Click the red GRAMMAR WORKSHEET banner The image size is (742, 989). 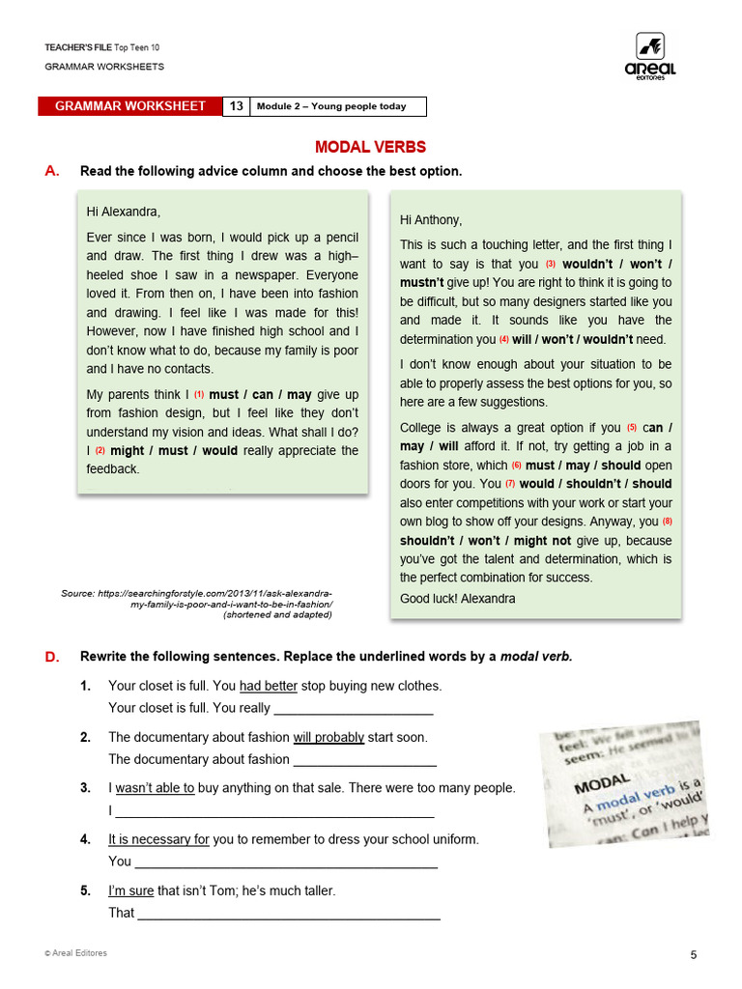point(130,106)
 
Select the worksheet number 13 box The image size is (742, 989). point(237,106)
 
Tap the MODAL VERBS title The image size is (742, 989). point(370,147)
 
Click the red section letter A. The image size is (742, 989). point(52,171)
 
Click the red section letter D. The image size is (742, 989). point(52,657)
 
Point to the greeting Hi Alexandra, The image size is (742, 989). point(124,212)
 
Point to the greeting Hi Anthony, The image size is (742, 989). point(431,219)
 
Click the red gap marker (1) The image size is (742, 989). point(199,394)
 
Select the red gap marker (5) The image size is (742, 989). point(632,428)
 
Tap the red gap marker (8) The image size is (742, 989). point(667,522)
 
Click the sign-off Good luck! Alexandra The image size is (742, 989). point(458,598)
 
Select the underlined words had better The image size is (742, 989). point(269,686)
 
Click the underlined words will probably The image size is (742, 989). point(328,737)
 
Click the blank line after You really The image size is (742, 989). point(354,709)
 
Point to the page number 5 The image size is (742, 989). point(693,955)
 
